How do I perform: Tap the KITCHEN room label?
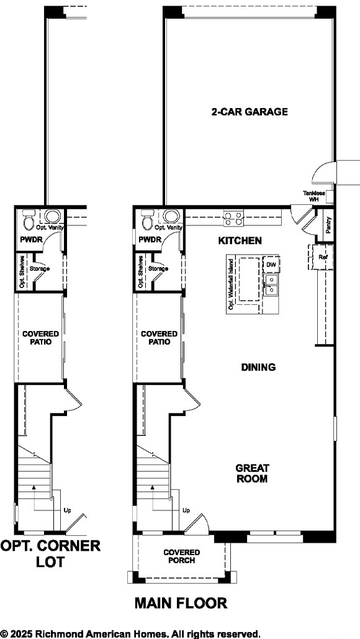coord(240,240)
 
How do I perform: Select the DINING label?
coord(258,367)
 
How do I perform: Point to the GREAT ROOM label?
coord(251,474)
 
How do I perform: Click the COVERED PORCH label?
coord(181,556)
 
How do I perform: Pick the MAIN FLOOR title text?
coord(181,602)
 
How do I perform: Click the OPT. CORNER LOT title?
coord(50,553)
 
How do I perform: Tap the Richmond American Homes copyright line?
coord(130,633)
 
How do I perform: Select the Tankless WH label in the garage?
coord(314,196)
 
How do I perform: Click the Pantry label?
coord(328,225)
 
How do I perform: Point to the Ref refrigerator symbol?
coord(322,256)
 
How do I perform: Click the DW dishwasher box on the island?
coord(271,265)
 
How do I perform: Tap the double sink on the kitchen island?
coord(271,286)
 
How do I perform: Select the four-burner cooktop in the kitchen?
coord(233,217)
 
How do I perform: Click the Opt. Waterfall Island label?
coord(230,284)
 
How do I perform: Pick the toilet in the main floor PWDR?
coord(148,220)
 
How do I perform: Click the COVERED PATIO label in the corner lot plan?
coord(37,338)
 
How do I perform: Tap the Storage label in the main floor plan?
coord(158,268)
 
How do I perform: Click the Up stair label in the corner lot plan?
coord(68,510)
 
